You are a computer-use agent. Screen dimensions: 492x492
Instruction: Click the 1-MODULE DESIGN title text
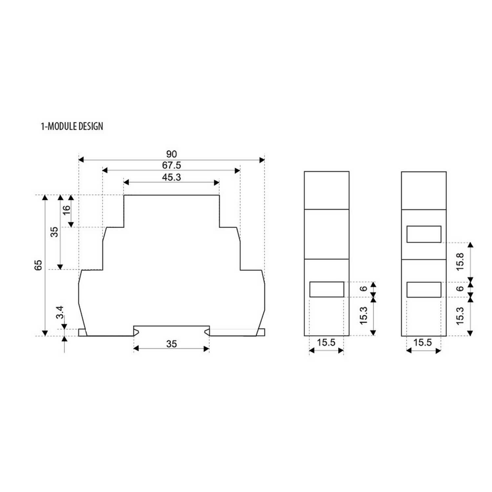[72, 126]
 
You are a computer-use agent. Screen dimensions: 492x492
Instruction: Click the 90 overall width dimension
[172, 154]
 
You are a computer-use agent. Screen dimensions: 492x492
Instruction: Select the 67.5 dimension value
[172, 165]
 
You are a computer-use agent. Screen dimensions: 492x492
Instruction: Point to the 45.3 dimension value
[172, 177]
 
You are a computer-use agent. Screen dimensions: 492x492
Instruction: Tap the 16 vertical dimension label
[67, 210]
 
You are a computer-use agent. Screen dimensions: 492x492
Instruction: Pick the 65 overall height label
[38, 265]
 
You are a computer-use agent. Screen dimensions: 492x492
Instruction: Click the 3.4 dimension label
[60, 313]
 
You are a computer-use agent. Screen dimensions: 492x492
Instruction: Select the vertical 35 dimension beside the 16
[55, 232]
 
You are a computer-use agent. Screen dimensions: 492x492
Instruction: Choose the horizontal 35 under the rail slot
[172, 344]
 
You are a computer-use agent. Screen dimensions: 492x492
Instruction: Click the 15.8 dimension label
[460, 261]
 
